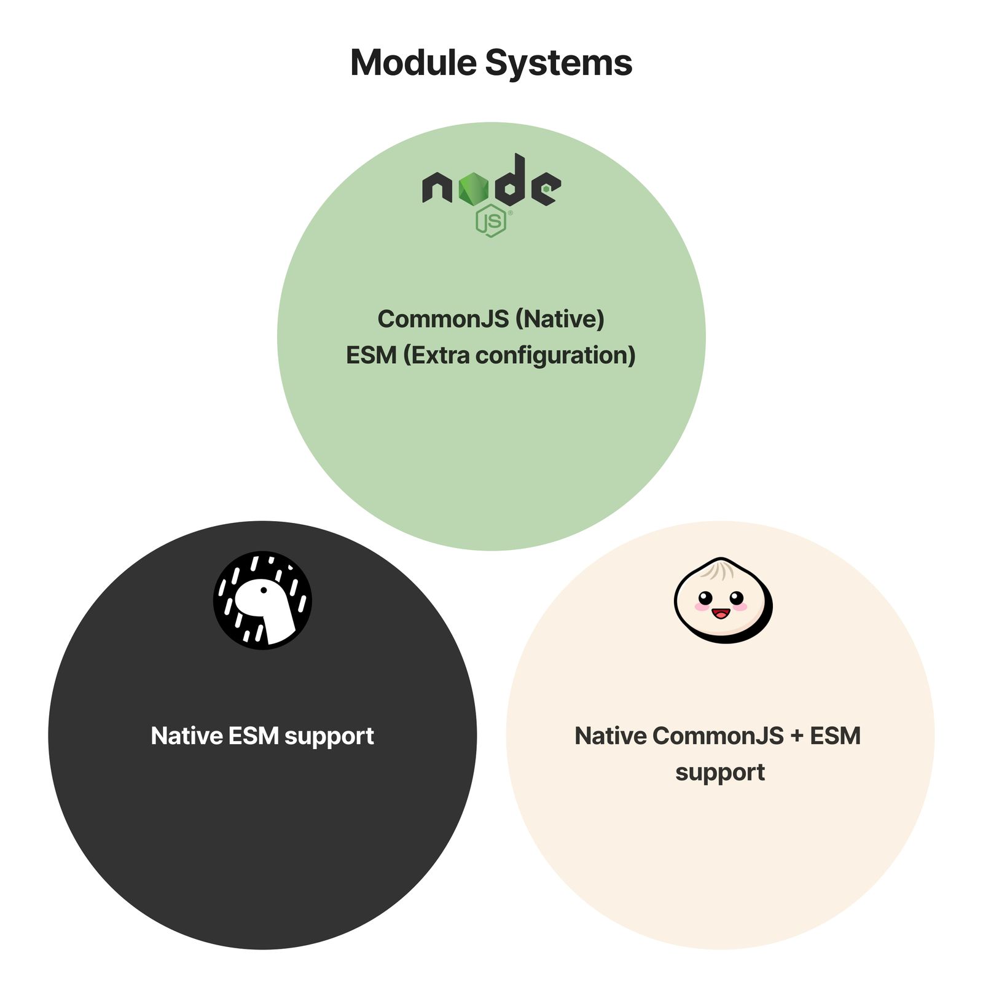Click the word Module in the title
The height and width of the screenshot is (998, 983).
point(413,63)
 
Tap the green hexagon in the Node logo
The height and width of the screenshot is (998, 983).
point(473,188)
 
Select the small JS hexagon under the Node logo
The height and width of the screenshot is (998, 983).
point(491,221)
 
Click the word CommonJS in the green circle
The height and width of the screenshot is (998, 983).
point(444,319)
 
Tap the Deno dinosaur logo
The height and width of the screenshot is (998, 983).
point(262,600)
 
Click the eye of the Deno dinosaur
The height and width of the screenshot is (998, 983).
point(264,591)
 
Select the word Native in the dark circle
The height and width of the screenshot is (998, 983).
point(187,736)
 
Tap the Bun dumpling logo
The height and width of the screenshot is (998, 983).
point(723,600)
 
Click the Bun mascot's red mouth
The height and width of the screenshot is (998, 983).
point(720,613)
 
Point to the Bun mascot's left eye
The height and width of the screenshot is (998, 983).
point(705,597)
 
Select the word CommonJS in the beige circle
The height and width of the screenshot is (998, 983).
point(718,736)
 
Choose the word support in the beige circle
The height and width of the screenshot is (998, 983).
point(720,773)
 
